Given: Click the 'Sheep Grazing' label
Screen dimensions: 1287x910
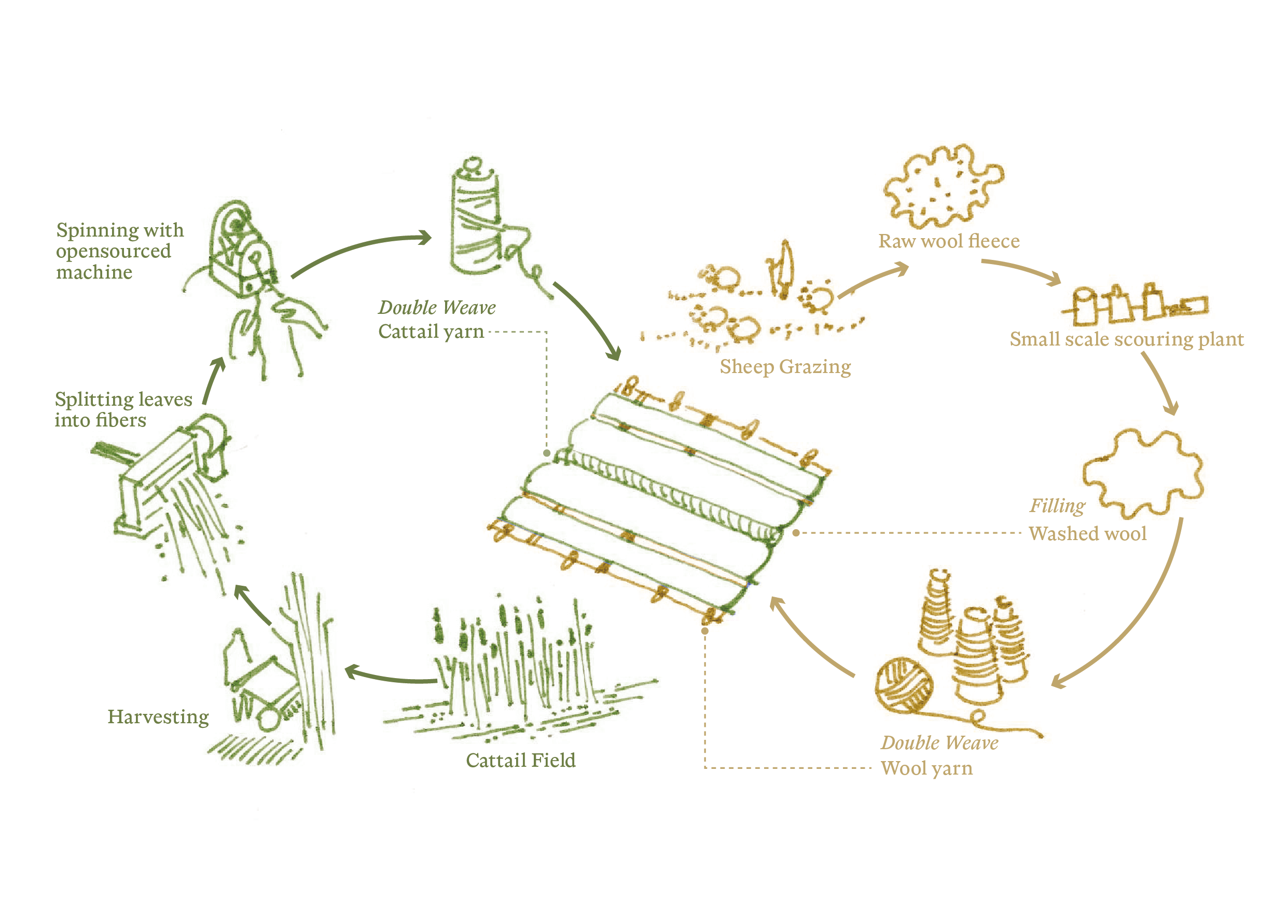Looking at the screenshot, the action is [x=785, y=367].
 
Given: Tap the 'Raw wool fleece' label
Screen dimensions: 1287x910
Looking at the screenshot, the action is [x=948, y=241].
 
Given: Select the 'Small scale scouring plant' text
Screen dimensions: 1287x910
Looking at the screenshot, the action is [x=1127, y=339].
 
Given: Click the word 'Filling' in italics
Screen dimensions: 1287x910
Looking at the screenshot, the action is [x=1057, y=506].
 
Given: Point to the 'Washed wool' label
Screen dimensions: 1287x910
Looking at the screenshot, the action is [x=1087, y=533].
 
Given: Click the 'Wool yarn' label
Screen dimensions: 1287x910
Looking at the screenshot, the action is [x=926, y=768].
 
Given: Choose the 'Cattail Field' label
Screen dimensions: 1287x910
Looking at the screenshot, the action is [x=521, y=760].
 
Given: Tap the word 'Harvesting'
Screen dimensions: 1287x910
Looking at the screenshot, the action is [x=158, y=717].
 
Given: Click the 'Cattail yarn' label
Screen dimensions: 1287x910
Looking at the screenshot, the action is [x=431, y=332].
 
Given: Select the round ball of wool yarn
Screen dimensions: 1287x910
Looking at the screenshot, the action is [x=904, y=685].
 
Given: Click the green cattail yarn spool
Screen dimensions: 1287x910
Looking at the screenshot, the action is [x=475, y=218].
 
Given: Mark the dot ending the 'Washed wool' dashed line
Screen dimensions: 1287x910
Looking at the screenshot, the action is [x=796, y=533].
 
